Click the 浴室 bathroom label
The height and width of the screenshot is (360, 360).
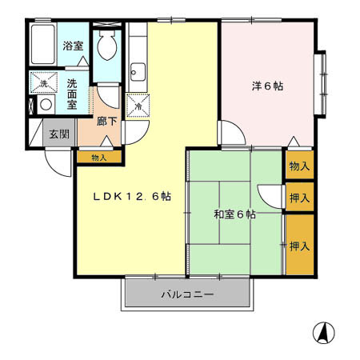tap(73, 46)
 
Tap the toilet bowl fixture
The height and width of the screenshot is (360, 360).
tap(107, 45)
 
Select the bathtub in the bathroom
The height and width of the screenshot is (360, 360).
tap(42, 44)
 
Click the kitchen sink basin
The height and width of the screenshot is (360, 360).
tap(138, 72)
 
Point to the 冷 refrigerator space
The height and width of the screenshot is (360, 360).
tap(138, 106)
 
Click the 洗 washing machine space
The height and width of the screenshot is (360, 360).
tap(44, 82)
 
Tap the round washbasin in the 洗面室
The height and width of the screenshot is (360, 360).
tap(46, 105)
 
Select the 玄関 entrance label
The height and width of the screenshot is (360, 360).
tap(59, 134)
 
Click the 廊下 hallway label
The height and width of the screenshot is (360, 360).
tap(106, 122)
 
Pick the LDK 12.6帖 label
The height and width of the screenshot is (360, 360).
tap(132, 197)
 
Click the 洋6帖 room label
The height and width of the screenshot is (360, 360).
tap(267, 86)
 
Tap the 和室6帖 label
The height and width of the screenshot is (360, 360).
tap(235, 214)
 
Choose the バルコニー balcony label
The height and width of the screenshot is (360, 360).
tap(187, 294)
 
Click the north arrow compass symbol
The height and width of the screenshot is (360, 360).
tap(324, 333)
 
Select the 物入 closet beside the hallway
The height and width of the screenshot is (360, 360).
tap(99, 158)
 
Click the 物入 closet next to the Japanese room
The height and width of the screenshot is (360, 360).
tap(299, 166)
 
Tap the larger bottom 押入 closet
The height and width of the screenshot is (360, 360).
tap(300, 245)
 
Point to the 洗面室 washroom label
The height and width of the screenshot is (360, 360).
tap(72, 94)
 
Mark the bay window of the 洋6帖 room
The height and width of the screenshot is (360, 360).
tap(321, 84)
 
